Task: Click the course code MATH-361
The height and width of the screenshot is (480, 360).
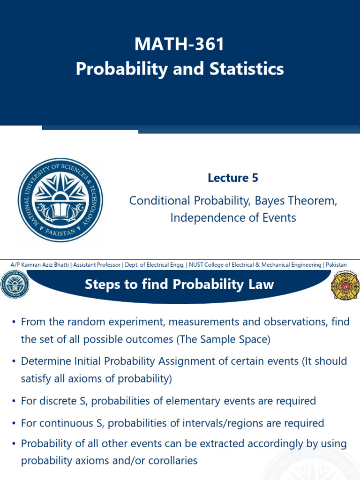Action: point(180,45)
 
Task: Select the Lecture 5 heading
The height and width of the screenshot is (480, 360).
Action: point(233,178)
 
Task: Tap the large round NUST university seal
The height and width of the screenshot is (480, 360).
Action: point(60,200)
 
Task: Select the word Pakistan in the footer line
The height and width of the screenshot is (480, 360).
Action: point(336,265)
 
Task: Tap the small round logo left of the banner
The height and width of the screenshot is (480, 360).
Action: point(15,284)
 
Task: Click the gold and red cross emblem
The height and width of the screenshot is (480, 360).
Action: point(345,285)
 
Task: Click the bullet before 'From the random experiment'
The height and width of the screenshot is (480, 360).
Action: point(15,322)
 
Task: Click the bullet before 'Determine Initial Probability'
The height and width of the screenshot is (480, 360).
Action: point(15,362)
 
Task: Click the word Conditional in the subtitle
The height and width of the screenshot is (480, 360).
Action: point(160,201)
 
